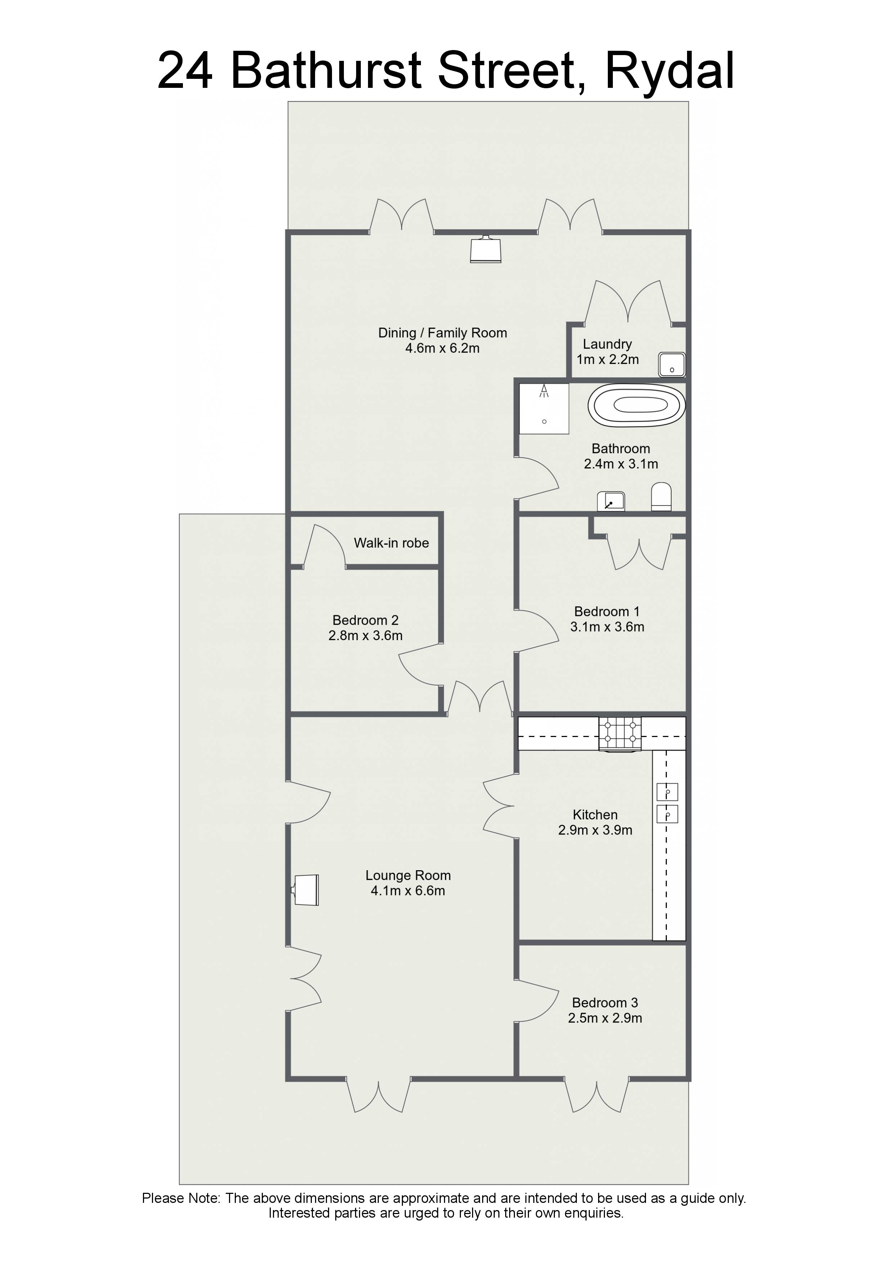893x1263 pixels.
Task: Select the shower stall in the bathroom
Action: click(544, 409)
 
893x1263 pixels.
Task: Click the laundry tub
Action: click(672, 365)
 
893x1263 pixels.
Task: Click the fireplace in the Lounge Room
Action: click(305, 890)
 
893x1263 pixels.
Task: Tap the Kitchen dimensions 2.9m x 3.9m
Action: click(595, 830)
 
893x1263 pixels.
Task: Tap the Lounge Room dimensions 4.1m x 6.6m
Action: click(408, 891)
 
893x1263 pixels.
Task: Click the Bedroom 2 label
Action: click(365, 620)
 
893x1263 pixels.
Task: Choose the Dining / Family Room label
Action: click(443, 333)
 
